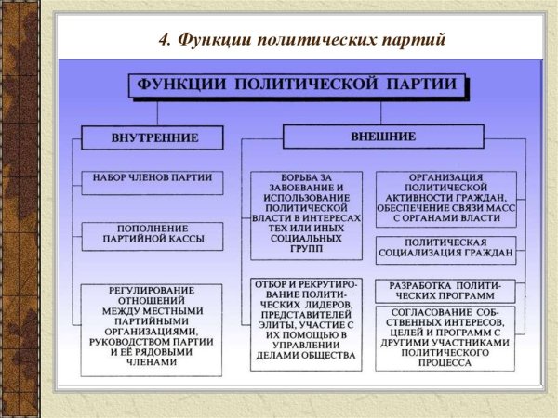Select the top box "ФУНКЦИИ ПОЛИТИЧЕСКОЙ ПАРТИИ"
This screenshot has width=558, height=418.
click(297, 85)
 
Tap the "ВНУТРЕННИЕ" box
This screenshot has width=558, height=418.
click(153, 137)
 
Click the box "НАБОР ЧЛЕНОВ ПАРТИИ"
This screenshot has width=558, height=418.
click(153, 177)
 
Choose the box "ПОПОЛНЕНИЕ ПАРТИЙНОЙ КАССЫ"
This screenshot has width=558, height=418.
click(153, 234)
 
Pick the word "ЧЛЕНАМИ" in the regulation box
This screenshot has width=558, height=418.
click(153, 362)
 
